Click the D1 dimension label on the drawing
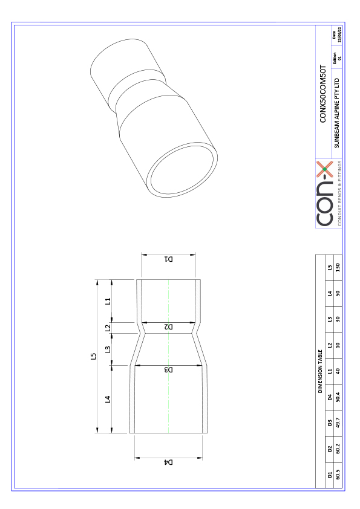(x=168, y=259)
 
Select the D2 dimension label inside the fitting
(x=168, y=327)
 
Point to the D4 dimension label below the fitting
(x=168, y=462)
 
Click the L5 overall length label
(x=93, y=357)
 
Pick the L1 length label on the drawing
(x=108, y=300)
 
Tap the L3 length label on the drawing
(x=108, y=349)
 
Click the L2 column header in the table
(x=329, y=345)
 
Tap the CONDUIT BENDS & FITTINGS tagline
(x=340, y=193)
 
